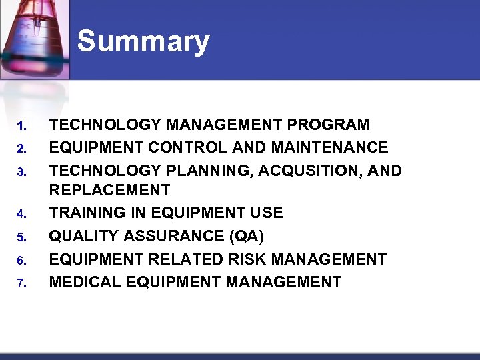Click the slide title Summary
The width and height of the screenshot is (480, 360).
click(x=143, y=41)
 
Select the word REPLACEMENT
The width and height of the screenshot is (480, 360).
click(x=109, y=190)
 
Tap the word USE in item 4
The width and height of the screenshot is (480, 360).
click(x=266, y=213)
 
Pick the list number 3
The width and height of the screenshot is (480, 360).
click(x=21, y=172)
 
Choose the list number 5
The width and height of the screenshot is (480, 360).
click(x=21, y=237)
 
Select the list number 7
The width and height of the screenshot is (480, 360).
click(x=21, y=283)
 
